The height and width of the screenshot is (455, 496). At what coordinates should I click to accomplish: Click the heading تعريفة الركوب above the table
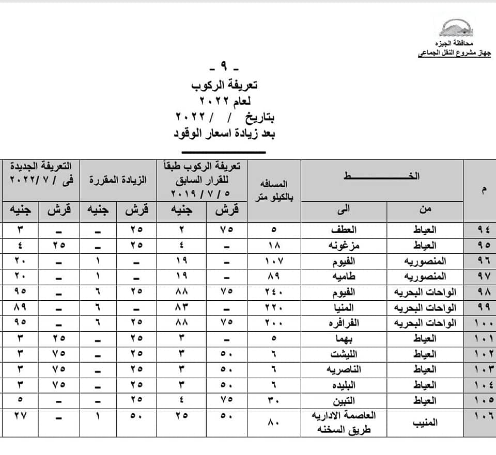coord(228,85)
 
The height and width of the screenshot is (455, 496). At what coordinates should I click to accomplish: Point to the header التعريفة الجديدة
coord(41,173)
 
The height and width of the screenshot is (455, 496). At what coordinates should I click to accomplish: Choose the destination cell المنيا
coord(346,307)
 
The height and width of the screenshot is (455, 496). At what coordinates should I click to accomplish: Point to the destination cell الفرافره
coord(345,323)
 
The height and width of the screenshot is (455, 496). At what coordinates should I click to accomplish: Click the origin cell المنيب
coord(425,423)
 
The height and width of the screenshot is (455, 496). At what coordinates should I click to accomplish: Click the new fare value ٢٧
coord(20,416)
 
